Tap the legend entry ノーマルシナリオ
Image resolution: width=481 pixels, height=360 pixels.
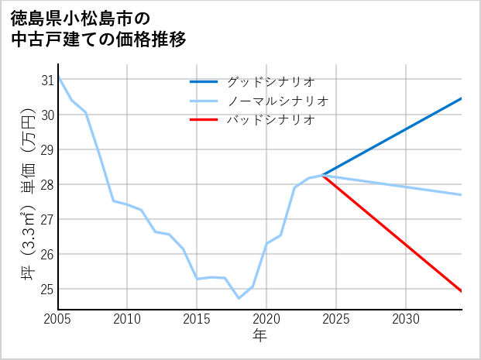tap(277, 101)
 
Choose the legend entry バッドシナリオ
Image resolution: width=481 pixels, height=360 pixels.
tap(270, 120)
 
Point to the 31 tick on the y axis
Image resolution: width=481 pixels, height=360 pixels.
tap(47, 80)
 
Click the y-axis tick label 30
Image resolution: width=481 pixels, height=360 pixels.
tap(47, 115)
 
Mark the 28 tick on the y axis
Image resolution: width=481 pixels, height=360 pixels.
tap(47, 184)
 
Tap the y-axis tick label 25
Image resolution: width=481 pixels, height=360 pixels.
tap(47, 289)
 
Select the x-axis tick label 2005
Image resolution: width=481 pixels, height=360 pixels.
tap(57, 319)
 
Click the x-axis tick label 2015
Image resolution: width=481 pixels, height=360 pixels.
tap(197, 319)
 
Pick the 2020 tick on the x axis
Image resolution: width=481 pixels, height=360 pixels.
tap(266, 319)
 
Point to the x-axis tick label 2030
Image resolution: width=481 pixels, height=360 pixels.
tap(406, 319)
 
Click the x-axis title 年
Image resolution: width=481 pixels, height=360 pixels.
tap(260, 335)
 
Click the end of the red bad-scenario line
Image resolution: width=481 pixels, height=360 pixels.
tap(462, 291)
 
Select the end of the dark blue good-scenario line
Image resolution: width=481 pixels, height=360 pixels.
tap(462, 98)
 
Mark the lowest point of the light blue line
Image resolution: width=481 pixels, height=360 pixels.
tap(239, 298)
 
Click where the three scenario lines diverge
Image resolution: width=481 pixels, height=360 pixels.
tap(322, 176)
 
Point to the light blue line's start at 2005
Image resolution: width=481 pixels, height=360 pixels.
tap(58, 77)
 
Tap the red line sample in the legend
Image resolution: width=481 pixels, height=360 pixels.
tap(204, 120)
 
